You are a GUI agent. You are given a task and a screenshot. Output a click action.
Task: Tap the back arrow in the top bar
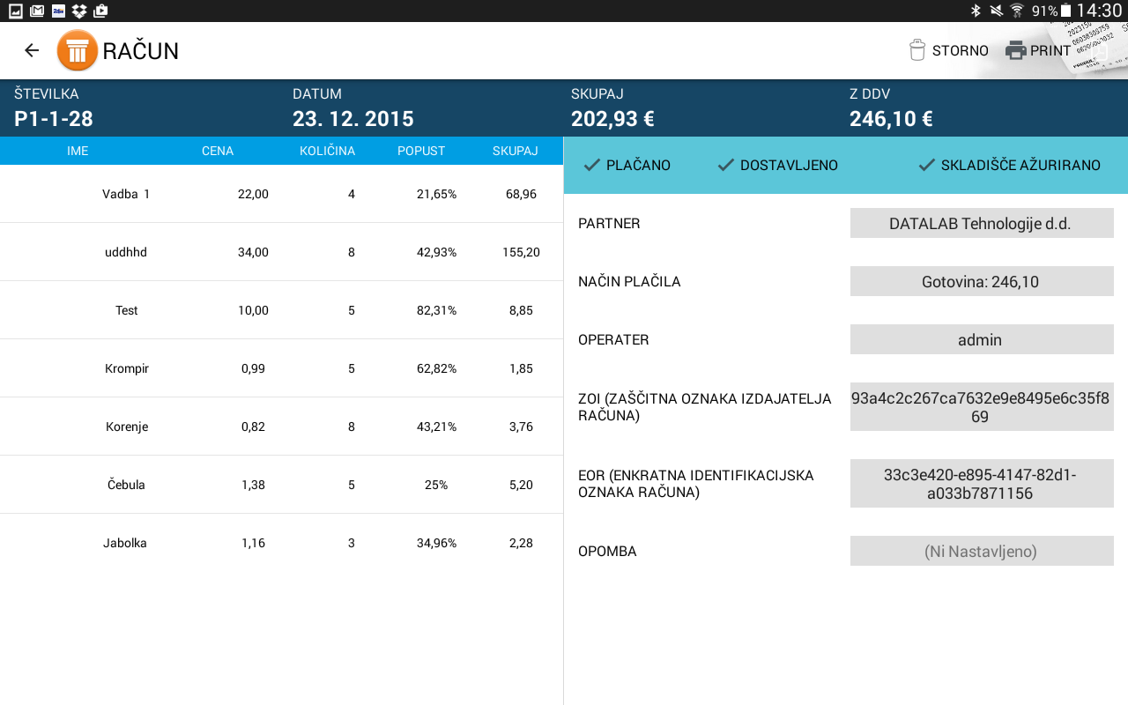(x=32, y=50)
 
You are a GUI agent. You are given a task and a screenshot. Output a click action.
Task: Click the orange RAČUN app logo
(x=78, y=50)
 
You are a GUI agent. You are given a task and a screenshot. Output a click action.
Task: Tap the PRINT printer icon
(x=1016, y=50)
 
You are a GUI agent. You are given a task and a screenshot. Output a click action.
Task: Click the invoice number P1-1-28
(x=54, y=119)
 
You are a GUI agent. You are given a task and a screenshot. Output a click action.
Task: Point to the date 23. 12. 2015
(x=353, y=119)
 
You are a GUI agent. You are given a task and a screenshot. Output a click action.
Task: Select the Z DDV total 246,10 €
(x=891, y=119)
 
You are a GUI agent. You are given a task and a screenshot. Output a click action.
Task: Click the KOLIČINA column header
(x=327, y=151)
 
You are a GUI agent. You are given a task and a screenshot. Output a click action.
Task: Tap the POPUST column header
(x=421, y=151)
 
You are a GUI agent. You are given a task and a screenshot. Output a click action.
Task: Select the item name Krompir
(x=127, y=368)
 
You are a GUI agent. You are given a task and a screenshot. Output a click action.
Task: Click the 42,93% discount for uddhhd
(x=436, y=252)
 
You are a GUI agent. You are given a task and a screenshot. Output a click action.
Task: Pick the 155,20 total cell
(x=521, y=252)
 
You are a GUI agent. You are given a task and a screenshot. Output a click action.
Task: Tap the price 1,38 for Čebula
(x=253, y=485)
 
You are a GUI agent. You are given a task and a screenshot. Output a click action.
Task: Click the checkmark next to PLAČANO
(x=592, y=165)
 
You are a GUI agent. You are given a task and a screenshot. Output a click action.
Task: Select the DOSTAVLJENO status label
(x=789, y=165)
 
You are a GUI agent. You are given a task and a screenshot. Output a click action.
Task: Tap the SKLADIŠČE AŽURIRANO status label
(x=1020, y=165)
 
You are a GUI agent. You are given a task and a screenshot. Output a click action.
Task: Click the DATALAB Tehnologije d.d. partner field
(x=980, y=224)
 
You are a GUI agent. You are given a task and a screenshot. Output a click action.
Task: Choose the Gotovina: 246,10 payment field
(x=980, y=282)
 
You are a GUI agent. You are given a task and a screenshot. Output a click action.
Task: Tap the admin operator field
(x=980, y=340)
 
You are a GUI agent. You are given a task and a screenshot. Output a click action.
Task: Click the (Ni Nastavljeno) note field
(x=980, y=552)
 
